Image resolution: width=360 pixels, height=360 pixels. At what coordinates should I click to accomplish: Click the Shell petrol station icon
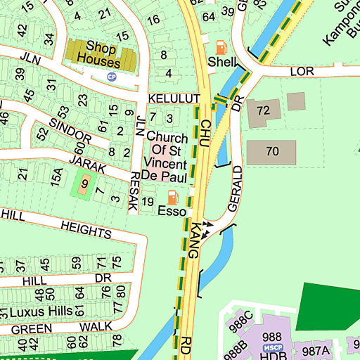click(x=221, y=48)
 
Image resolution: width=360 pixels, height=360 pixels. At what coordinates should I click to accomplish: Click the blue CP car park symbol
click(x=111, y=77)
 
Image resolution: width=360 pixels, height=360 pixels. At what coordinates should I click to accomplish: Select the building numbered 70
click(x=272, y=150)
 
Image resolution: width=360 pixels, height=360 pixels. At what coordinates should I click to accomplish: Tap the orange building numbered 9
click(x=84, y=185)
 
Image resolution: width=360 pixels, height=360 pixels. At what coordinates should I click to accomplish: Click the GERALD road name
click(x=236, y=190)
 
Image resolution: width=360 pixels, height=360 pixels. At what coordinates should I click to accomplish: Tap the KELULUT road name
click(x=174, y=98)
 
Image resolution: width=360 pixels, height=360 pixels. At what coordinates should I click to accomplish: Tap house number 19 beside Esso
click(x=147, y=202)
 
